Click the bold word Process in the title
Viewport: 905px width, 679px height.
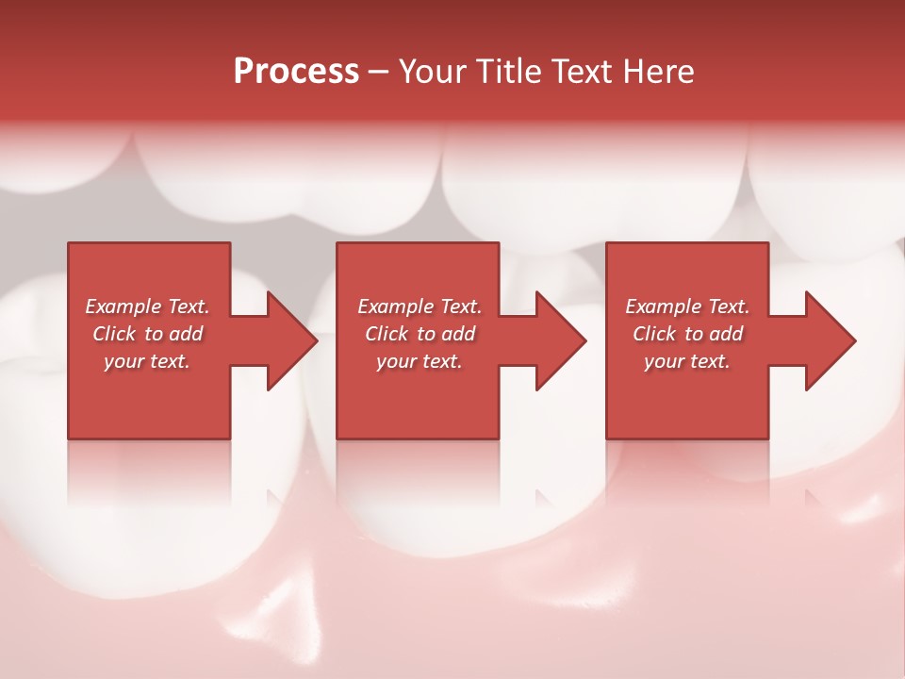(x=296, y=72)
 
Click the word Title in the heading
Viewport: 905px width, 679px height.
(x=509, y=72)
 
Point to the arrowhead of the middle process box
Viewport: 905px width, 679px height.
(x=558, y=340)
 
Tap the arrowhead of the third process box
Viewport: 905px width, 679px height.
(x=828, y=340)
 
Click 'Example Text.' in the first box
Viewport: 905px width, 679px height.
(x=147, y=306)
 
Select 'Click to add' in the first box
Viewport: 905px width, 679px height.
(x=147, y=334)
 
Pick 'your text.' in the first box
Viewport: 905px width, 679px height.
(x=147, y=361)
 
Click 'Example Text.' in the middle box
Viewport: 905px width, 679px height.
(x=420, y=306)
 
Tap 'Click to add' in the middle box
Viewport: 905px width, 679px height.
(x=420, y=334)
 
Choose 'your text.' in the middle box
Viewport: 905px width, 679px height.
(x=420, y=361)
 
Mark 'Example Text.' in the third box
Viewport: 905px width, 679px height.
(x=687, y=306)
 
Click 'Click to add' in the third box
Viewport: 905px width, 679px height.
(x=687, y=334)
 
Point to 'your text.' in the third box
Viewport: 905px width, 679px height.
(x=687, y=361)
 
